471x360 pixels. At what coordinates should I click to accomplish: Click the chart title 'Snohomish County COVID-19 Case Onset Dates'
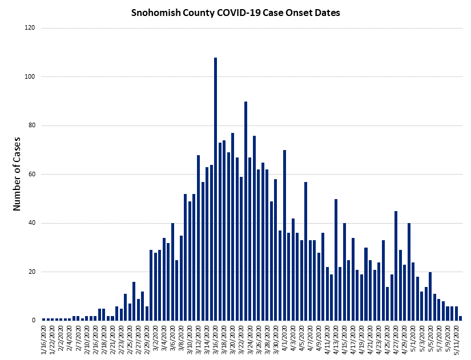coord(235,13)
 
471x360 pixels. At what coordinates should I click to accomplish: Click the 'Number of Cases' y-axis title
coord(17,174)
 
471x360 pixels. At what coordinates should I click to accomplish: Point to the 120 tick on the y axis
coord(30,28)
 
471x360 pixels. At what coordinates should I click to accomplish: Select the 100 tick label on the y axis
coord(30,77)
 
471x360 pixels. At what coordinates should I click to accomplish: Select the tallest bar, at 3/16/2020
coord(215,189)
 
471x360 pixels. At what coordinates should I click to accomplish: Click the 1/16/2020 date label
coord(45,339)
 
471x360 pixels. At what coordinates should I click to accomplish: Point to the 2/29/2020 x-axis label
coord(147,339)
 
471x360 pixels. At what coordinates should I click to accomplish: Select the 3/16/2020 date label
coord(216,339)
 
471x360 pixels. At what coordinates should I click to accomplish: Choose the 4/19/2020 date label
coord(362,339)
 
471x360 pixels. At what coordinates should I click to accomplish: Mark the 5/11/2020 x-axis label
coord(457,339)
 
